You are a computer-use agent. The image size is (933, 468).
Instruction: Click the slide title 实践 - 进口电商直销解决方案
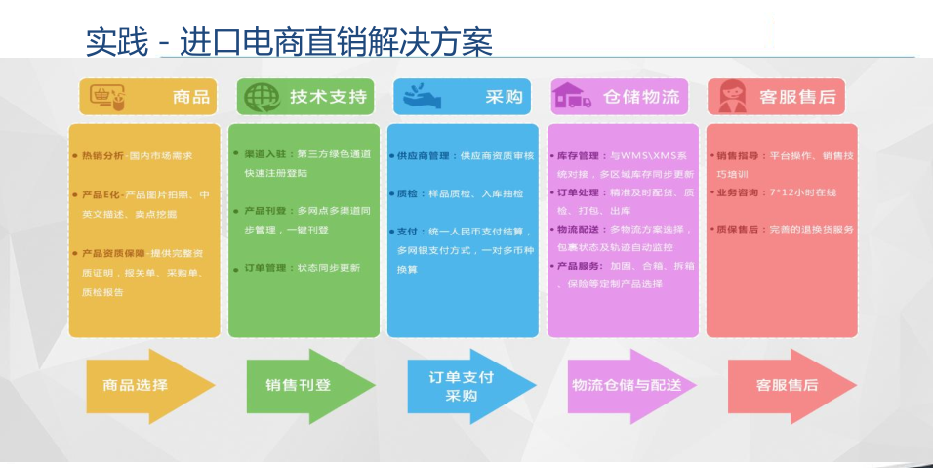click(289, 40)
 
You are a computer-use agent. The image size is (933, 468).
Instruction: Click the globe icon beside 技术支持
click(261, 97)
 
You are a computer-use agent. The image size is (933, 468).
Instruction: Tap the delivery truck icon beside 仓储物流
click(573, 97)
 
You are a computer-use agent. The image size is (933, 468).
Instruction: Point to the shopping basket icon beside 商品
click(106, 97)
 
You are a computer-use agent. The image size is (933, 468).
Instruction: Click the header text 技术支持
click(329, 97)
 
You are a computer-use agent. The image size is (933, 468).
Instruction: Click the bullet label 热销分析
click(102, 155)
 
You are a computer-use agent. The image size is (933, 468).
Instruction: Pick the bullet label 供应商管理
click(423, 155)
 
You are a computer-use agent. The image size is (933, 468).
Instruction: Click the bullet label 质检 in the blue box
click(408, 193)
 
